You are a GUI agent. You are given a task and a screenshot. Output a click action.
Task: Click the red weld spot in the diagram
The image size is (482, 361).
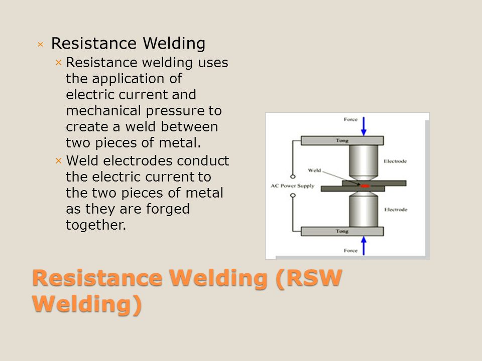coord(365,186)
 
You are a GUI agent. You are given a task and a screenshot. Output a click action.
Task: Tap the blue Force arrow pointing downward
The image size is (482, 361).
coord(364,126)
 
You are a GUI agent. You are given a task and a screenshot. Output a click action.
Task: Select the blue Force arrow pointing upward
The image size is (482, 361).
coord(364,246)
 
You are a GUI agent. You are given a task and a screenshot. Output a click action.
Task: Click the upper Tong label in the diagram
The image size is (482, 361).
coord(342,140)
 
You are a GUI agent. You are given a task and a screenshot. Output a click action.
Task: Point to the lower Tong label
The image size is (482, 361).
coord(342,231)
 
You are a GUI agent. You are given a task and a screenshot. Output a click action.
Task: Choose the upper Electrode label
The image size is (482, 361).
coord(395,161)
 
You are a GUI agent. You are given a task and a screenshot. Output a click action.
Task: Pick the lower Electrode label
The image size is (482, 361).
coord(396,210)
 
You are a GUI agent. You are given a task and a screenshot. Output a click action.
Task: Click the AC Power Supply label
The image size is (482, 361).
coord(292,186)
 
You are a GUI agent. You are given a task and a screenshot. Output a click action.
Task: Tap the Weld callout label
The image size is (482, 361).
coord(314,170)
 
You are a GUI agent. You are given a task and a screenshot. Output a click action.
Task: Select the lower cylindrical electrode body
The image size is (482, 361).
coord(364,210)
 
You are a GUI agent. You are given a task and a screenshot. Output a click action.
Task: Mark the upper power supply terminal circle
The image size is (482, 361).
coord(293,176)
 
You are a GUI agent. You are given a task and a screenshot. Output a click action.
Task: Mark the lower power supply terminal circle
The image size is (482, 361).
coord(293,195)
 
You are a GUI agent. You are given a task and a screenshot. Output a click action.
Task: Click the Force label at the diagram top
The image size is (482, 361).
coord(350,119)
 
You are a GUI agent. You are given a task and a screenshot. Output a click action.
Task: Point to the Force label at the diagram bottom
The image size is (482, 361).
coord(350,251)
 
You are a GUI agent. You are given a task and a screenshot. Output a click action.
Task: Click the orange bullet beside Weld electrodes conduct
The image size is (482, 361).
coord(59,160)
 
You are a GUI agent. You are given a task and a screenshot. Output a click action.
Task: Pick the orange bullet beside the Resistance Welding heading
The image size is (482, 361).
coord(40,45)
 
